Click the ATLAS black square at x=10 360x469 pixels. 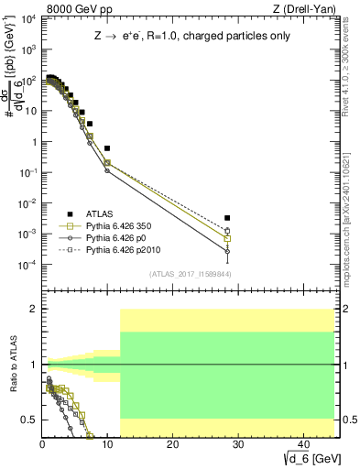pos(107,147)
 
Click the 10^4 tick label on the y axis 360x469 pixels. pos(27,19)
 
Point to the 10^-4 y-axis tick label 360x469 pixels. pos(27,265)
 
